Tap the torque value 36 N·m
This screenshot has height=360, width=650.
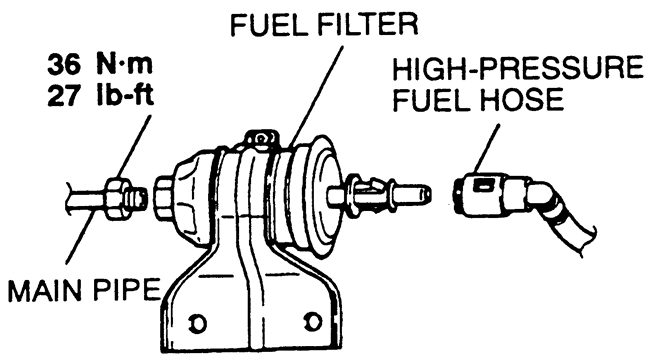[x=100, y=65]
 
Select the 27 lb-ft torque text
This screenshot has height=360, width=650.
[x=100, y=96]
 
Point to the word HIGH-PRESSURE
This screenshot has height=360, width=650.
[x=518, y=68]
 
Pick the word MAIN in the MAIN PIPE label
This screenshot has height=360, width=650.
[x=45, y=290]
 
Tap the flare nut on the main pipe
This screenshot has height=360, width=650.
[x=114, y=198]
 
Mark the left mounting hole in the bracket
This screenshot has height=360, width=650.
[x=197, y=323]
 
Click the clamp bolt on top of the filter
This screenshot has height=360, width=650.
[x=260, y=139]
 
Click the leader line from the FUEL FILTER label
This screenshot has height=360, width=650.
[x=315, y=97]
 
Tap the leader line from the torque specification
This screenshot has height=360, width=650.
[x=133, y=146]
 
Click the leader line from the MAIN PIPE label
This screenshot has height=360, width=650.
[x=80, y=235]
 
